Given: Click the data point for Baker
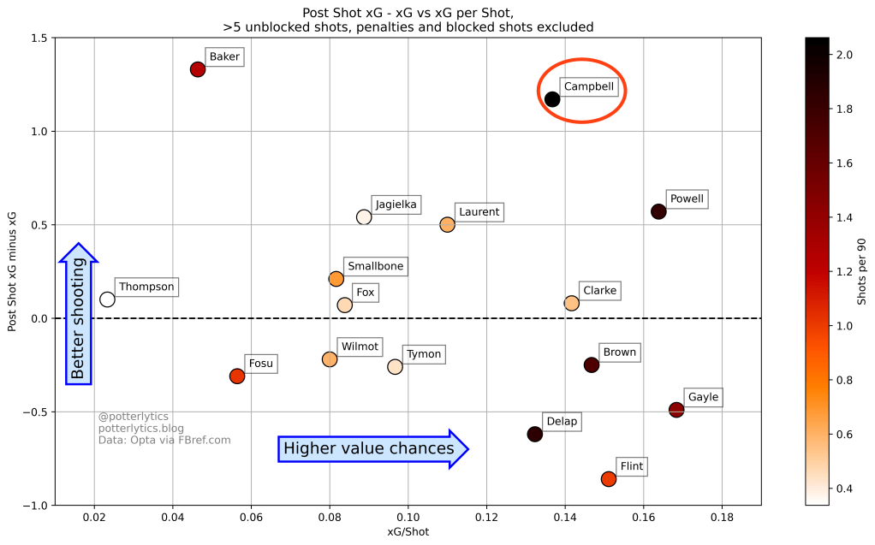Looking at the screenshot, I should [x=198, y=69].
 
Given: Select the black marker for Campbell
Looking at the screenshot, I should [x=552, y=99].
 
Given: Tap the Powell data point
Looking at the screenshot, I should [x=658, y=211].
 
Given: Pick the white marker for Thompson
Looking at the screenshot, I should [x=107, y=299].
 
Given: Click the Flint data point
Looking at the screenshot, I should [x=609, y=479].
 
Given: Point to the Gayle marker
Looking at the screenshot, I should [x=676, y=410].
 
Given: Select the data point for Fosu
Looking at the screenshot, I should [x=237, y=376].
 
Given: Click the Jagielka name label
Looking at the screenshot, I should [x=396, y=205].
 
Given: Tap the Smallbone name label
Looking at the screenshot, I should [x=375, y=266].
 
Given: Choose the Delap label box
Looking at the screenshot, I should [x=562, y=422].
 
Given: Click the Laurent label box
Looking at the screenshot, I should [x=479, y=212].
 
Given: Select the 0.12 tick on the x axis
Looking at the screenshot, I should [x=486, y=518].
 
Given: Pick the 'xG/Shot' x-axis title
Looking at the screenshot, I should [x=408, y=532].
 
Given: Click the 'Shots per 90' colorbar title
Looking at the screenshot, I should [x=862, y=271].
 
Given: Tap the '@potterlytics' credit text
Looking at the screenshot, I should [x=133, y=417].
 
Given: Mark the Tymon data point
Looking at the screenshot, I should [x=395, y=367].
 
